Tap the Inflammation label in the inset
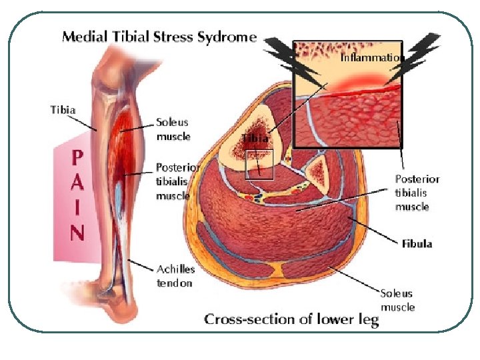pos(372,57)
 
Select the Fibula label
pos(417,243)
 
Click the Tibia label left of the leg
pos(63,109)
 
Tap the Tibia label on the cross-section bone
pos(255,138)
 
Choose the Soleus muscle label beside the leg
pos(173,129)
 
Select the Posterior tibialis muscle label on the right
pos(417,193)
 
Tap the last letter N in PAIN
pos(78,233)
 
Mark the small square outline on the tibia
pos(259,165)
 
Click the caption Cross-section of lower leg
pos(291,319)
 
